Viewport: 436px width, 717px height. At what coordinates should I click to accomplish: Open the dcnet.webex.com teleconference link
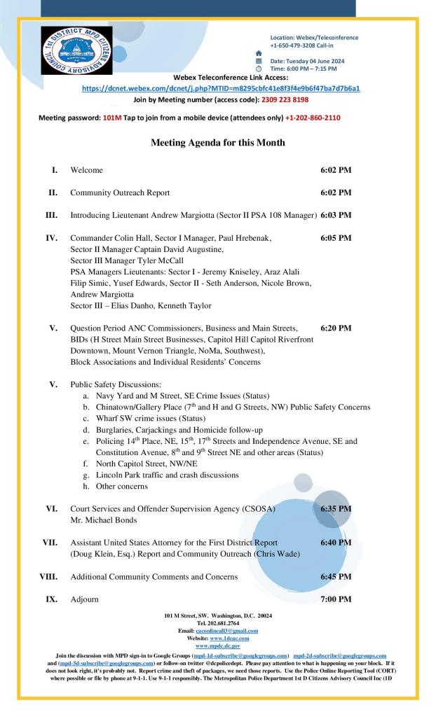click(221, 89)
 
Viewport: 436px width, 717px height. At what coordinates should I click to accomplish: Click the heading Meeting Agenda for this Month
click(218, 143)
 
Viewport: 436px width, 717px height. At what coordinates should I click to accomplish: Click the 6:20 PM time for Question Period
click(336, 328)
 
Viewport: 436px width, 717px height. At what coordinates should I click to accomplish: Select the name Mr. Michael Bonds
click(104, 520)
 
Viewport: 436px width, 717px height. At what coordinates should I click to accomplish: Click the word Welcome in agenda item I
click(86, 170)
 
